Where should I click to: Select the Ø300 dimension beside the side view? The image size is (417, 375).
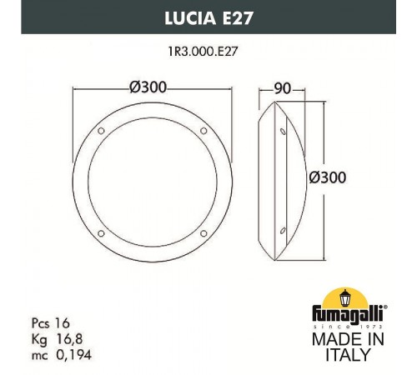point(328,177)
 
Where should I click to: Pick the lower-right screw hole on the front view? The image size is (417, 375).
point(203,232)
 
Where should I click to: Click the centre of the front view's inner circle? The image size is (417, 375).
point(153,181)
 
